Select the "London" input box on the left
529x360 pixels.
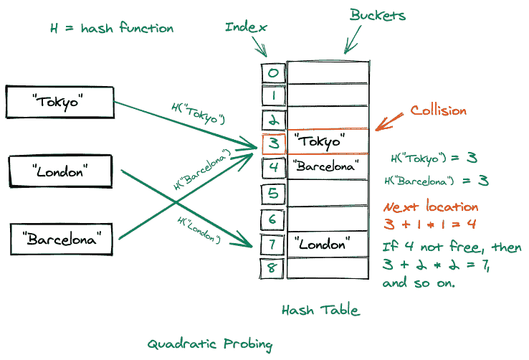pyautogui.click(x=59, y=170)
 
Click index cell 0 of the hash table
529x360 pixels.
pyautogui.click(x=273, y=72)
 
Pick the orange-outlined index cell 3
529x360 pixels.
pyautogui.click(x=273, y=143)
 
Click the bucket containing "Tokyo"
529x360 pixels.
pyautogui.click(x=328, y=141)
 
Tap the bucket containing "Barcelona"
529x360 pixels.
pyautogui.click(x=328, y=168)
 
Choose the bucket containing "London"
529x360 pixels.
pyautogui.click(x=328, y=243)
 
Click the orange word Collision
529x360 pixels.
pyautogui.click(x=438, y=110)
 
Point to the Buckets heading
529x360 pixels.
pyautogui.click(x=377, y=15)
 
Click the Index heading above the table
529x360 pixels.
pyautogui.click(x=246, y=28)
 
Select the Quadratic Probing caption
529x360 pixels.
pyautogui.click(x=210, y=344)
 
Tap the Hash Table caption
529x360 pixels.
pyautogui.click(x=320, y=311)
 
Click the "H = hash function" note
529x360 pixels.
pyautogui.click(x=112, y=29)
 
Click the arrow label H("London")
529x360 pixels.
pyautogui.click(x=199, y=227)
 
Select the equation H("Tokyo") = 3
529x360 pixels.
pyautogui.click(x=434, y=158)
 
